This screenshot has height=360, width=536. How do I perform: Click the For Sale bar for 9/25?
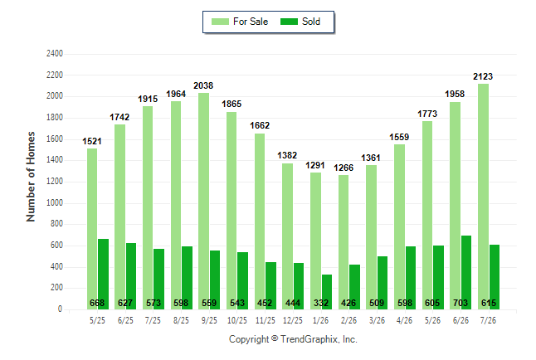coord(204,201)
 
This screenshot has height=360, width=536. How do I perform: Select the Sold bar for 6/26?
coord(466,272)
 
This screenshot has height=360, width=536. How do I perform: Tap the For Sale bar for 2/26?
coord(344,242)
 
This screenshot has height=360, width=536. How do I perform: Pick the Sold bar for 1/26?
coord(326,292)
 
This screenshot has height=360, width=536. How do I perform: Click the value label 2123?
coord(483,76)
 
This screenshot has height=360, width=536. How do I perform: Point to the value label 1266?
coord(344,168)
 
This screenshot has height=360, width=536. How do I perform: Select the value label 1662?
coord(260,125)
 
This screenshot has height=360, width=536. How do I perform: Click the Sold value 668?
coord(97,303)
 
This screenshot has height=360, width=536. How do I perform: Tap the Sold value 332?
coord(321,303)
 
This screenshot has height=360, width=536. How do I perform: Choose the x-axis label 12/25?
coord(293,320)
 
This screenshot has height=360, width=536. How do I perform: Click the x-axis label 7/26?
coord(488,320)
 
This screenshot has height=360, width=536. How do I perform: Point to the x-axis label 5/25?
coord(97,320)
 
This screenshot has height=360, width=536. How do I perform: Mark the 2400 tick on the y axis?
coord(55,54)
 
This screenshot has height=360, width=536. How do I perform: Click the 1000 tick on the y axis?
coord(55,202)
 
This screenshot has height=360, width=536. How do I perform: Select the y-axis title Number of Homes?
coord(31,177)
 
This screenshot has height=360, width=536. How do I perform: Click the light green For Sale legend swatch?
coord(220,22)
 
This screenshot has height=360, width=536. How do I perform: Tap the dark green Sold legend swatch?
coord(290,22)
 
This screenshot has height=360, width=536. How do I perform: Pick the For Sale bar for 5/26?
coord(427,216)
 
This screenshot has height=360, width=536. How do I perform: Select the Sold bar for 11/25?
coord(270,286)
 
